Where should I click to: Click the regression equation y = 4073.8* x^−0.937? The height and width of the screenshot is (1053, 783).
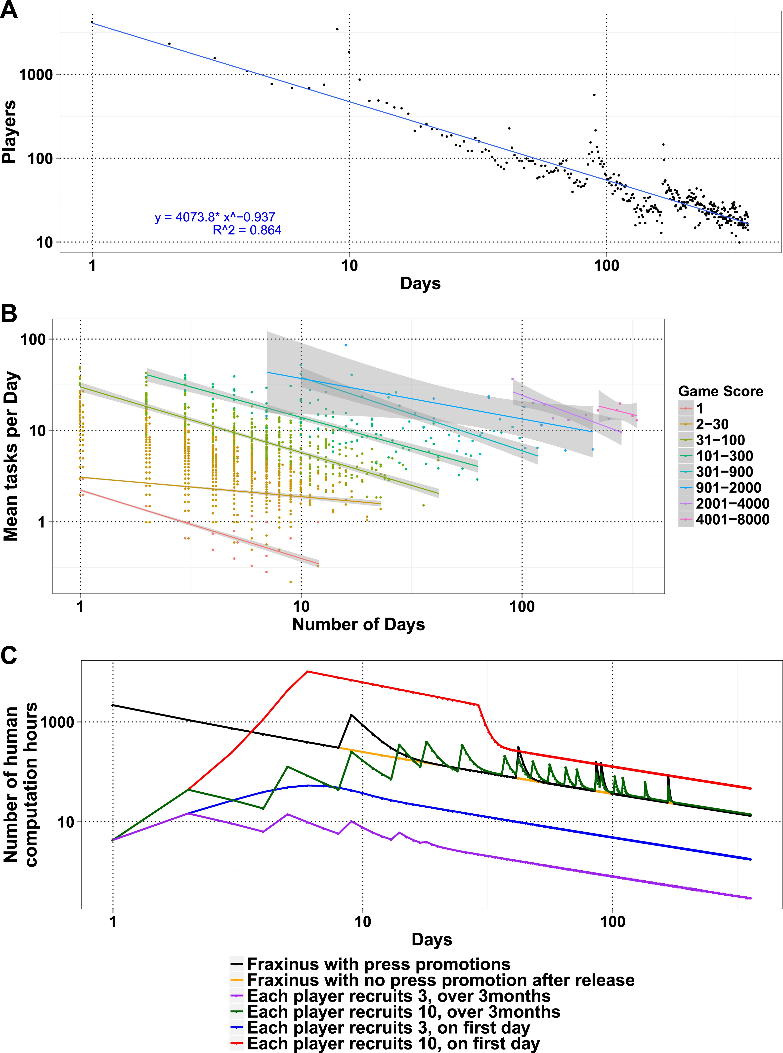(x=215, y=217)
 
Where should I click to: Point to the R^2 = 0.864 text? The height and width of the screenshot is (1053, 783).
(x=247, y=230)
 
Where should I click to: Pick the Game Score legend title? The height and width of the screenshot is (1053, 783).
(x=720, y=391)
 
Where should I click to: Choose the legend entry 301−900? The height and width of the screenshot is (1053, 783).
(x=724, y=471)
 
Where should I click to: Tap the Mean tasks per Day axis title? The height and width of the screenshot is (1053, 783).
(x=10, y=456)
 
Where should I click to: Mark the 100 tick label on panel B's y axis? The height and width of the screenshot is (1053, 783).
(x=33, y=339)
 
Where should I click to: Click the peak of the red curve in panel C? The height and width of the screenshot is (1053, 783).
(x=307, y=672)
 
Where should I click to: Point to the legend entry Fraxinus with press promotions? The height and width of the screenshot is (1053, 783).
(x=378, y=964)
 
